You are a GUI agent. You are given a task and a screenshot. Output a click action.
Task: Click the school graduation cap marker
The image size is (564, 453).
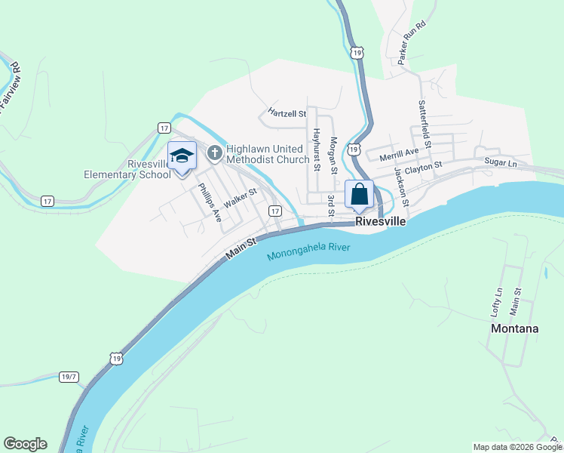pyautogui.click(x=182, y=156)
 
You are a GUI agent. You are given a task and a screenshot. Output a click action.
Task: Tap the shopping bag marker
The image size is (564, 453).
pyautogui.click(x=360, y=194)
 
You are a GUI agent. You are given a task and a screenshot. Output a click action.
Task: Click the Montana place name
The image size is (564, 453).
pyautogui.click(x=514, y=328)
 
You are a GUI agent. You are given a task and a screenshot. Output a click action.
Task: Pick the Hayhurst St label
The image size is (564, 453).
pyautogui.click(x=317, y=148)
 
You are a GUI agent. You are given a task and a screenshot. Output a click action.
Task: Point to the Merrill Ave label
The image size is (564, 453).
pyautogui.click(x=399, y=154)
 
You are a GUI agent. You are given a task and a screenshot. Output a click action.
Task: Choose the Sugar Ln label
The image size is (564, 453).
pyautogui.click(x=501, y=162)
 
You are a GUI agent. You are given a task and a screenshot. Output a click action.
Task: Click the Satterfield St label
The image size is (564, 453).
pyautogui.click(x=425, y=125)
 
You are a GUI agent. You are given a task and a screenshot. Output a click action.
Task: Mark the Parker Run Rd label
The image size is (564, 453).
pyautogui.click(x=412, y=42)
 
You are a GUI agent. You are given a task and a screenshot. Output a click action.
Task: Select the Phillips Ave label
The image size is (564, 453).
pyautogui.click(x=209, y=202)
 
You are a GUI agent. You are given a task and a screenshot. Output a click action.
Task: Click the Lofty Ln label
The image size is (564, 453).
pyautogui.click(x=496, y=301)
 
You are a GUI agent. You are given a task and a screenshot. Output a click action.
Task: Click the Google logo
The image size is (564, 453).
pyautogui.click(x=25, y=444)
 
